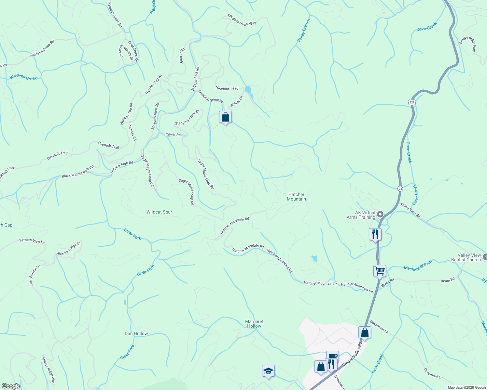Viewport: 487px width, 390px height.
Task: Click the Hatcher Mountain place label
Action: (x=296, y=197)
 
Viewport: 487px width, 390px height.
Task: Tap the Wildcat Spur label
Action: (x=159, y=212)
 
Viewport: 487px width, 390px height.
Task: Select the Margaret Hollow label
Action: (x=254, y=324)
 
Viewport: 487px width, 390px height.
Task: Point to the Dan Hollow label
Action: (x=136, y=333)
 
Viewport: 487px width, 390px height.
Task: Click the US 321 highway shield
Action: (x=412, y=102)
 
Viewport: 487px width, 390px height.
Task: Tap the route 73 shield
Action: (x=400, y=188)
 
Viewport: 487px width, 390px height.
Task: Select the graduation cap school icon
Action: (x=268, y=371)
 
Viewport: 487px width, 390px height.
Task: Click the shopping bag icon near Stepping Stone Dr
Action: (x=225, y=117)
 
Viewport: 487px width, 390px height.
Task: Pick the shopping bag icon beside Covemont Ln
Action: (x=365, y=332)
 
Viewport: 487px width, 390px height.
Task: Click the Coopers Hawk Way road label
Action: (x=242, y=19)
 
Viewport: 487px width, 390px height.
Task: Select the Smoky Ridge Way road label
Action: (x=467, y=44)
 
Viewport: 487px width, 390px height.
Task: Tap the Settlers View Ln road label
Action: (x=32, y=241)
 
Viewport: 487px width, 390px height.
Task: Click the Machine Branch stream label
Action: (x=418, y=266)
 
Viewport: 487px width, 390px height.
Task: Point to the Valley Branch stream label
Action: (x=303, y=30)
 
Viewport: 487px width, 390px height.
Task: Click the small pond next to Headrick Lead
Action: (x=248, y=89)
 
